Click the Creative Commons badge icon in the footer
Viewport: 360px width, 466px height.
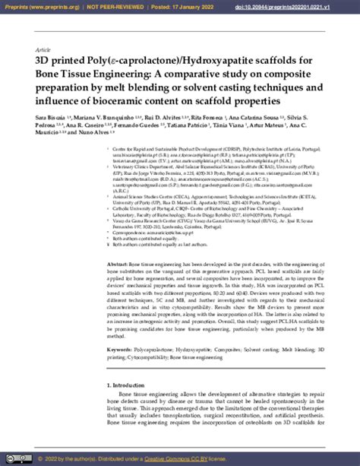coord(20,459)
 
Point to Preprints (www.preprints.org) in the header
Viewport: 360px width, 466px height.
coord(39,6)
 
